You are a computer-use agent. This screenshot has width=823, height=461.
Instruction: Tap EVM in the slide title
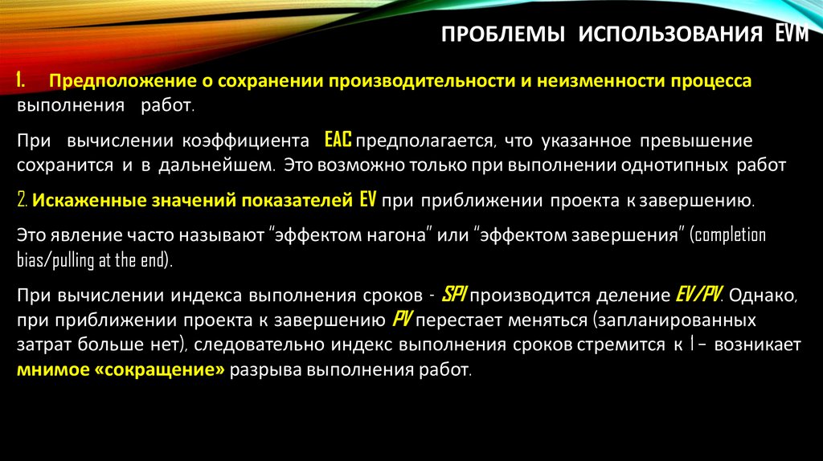(800, 35)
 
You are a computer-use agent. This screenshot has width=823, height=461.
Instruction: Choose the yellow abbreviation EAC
(338, 141)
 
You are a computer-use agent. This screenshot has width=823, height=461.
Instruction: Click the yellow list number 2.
(23, 200)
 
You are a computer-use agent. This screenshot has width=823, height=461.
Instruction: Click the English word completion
(727, 236)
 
